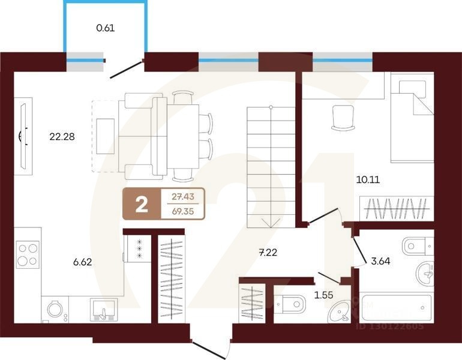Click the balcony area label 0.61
tap(105, 27)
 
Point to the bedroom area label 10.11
tap(368, 179)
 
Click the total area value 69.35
tap(184, 212)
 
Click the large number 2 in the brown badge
tap(142, 205)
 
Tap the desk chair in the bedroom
tap(344, 117)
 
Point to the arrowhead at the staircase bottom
tap(272, 223)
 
